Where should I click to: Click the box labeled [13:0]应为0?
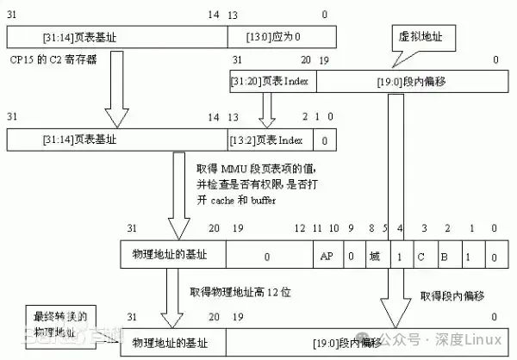click(280, 37)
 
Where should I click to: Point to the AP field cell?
click(327, 256)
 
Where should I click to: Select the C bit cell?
click(422, 256)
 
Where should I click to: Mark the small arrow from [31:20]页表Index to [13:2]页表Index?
click(266, 109)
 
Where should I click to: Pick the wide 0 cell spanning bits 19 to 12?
click(267, 256)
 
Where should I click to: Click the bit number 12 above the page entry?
click(300, 229)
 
